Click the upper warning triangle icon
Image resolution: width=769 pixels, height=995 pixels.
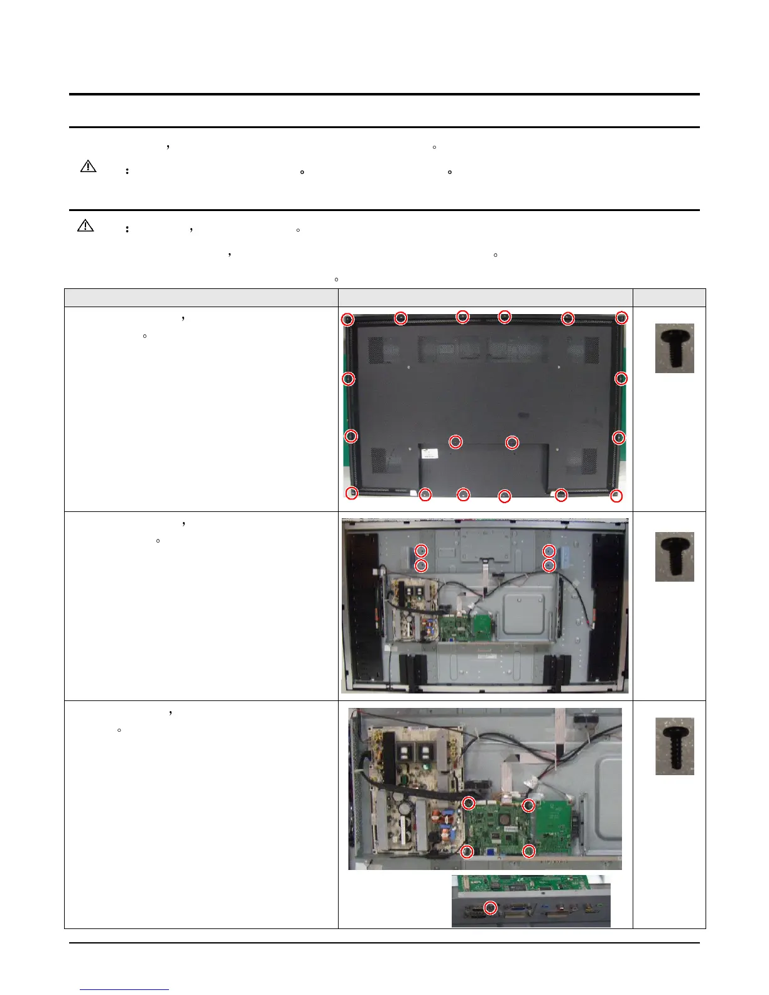coord(89,166)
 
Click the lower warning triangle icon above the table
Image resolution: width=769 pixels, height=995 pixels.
coord(85,226)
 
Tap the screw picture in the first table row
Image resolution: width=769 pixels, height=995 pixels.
coord(674,348)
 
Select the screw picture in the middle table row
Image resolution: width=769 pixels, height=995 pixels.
coord(674,557)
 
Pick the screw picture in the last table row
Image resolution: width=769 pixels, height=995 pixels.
coord(674,746)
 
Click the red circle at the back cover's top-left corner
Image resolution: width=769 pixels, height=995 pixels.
coord(347,320)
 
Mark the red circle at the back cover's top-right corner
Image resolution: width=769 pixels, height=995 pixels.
coord(621,318)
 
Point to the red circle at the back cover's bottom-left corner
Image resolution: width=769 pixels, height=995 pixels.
coord(352,493)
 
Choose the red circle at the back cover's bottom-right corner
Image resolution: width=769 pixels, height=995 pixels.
coord(616,496)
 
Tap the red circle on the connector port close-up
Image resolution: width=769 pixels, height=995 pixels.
coord(490,908)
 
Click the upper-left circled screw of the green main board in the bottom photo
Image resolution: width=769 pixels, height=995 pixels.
coord(468,803)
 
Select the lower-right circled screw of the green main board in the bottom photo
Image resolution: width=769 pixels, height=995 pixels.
coord(529,851)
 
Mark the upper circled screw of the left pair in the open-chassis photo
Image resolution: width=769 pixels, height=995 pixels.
coord(422,551)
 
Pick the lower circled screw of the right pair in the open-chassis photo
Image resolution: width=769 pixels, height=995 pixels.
coord(549,565)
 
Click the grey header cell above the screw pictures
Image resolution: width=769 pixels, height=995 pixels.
coord(669,298)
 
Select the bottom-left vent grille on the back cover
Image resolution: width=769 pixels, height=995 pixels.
coord(385,460)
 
